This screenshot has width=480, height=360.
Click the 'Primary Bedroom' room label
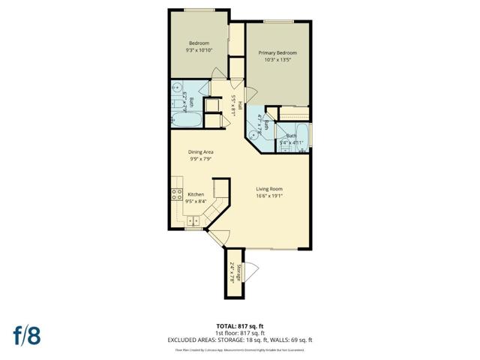coord(277,52)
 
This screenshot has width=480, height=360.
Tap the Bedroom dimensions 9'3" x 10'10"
coord(199,50)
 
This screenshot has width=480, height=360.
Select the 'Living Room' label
coord(269,189)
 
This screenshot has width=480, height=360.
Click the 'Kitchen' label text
coord(196,193)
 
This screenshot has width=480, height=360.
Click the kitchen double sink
coord(192,220)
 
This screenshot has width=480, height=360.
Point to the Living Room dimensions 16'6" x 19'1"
coord(269,196)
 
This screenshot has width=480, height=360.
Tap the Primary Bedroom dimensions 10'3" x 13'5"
coord(277,61)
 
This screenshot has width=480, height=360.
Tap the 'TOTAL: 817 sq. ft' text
coord(240,326)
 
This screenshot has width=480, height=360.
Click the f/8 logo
coord(26,335)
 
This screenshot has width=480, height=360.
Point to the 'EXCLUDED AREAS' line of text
coord(240,340)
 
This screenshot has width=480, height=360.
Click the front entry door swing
coord(216,236)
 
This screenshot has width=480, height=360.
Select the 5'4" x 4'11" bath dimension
coord(291,142)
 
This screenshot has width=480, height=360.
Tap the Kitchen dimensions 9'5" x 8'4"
coord(196,201)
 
